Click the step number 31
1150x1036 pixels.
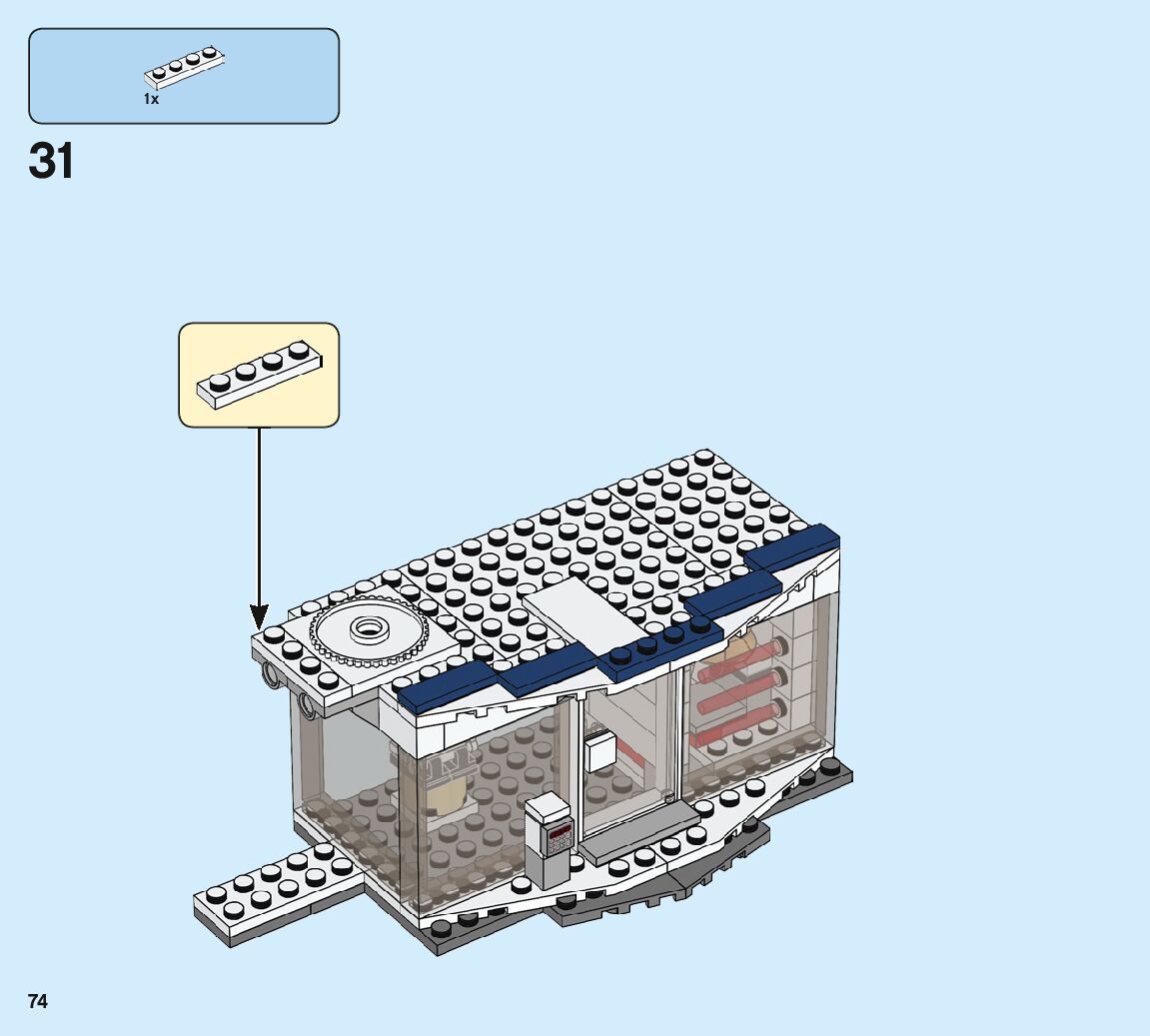tap(51, 160)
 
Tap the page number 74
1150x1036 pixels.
tap(38, 1001)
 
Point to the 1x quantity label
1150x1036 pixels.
tap(151, 99)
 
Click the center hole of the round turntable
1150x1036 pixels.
tap(369, 628)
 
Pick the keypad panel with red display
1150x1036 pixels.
tap(558, 840)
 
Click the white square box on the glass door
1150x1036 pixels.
tap(601, 752)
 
